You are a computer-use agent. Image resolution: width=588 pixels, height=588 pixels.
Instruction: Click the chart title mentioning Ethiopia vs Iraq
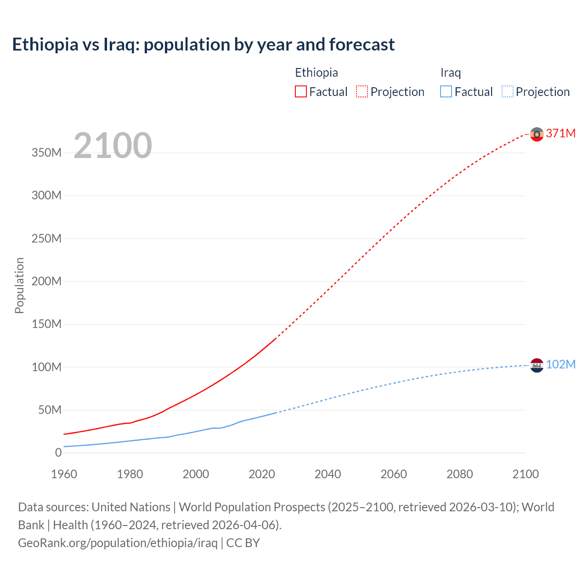click(203, 45)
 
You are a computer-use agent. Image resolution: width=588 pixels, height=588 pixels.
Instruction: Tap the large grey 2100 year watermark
click(113, 146)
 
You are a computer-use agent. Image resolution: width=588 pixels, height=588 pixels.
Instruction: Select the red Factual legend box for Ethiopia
click(301, 91)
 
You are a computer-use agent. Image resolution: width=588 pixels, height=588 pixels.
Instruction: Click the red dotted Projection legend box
click(362, 91)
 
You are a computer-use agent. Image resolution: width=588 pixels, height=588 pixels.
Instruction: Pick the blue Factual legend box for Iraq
click(446, 91)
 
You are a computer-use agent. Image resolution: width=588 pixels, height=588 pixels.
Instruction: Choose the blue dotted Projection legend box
click(508, 91)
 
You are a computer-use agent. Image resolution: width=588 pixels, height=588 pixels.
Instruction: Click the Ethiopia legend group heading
click(316, 73)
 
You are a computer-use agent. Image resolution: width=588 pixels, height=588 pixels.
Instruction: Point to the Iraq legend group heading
click(450, 73)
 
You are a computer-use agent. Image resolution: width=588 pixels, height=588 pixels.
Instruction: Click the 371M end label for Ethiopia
click(560, 133)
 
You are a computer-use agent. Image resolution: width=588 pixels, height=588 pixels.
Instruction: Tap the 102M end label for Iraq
click(560, 364)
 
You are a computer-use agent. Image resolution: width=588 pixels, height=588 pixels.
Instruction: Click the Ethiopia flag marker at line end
click(537, 134)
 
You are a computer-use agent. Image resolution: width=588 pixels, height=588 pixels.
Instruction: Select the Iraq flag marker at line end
click(537, 365)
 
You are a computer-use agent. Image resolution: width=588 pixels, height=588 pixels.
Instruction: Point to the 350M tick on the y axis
click(46, 153)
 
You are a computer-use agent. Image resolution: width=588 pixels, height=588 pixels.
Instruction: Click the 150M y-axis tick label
click(46, 324)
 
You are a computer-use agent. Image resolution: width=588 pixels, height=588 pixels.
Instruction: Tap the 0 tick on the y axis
click(58, 452)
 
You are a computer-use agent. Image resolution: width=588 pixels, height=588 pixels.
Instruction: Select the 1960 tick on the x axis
click(64, 474)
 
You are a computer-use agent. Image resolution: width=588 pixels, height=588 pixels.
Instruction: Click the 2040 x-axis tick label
click(328, 474)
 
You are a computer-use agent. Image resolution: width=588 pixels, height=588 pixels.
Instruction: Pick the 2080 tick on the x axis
click(459, 474)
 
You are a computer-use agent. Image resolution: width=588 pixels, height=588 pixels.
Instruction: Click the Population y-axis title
click(19, 285)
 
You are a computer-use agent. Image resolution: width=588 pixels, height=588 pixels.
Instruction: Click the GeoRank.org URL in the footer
click(118, 543)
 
